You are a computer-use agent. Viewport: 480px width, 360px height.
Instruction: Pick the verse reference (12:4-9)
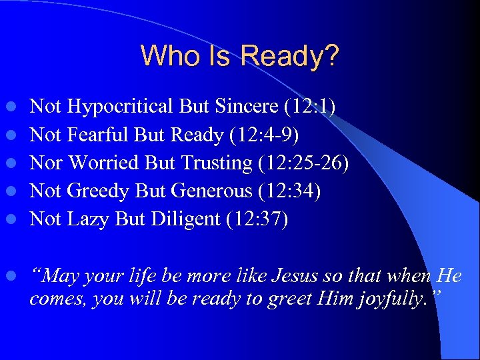pyautogui.click(x=264, y=135)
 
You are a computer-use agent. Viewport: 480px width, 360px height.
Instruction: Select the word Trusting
pyautogui.click(x=209, y=163)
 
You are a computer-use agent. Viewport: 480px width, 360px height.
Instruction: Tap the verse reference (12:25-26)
pyautogui.click(x=302, y=163)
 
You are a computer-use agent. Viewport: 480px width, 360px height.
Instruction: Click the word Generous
pyautogui.click(x=211, y=191)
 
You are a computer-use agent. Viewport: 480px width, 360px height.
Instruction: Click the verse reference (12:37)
pyautogui.click(x=256, y=219)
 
